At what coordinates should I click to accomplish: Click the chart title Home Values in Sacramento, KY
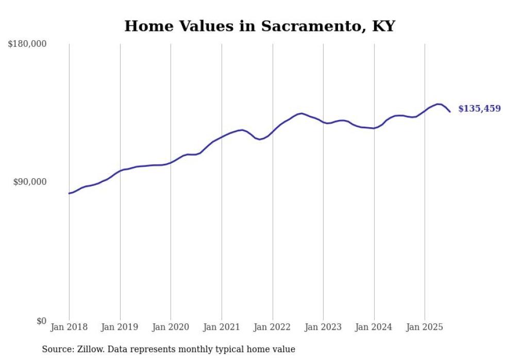click(x=259, y=26)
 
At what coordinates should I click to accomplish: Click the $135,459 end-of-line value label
click(x=479, y=109)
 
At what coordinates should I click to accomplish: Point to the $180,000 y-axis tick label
click(x=27, y=44)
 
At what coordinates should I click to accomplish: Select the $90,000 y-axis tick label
click(x=29, y=182)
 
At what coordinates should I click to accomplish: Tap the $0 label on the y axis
click(x=41, y=321)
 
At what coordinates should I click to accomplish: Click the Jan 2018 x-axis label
click(x=69, y=327)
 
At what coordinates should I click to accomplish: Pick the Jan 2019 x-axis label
click(x=120, y=327)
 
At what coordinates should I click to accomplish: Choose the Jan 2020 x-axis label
click(x=171, y=327)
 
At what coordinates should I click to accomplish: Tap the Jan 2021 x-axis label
click(x=222, y=327)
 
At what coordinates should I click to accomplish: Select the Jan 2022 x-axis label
click(x=273, y=327)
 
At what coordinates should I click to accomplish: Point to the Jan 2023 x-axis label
click(x=323, y=327)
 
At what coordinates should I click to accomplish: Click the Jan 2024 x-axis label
click(x=374, y=327)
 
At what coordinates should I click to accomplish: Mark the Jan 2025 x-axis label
click(x=425, y=327)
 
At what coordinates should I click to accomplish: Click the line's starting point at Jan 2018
click(x=69, y=193)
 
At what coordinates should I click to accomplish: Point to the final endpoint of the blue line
click(x=450, y=111)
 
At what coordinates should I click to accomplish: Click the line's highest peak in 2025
click(x=438, y=104)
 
